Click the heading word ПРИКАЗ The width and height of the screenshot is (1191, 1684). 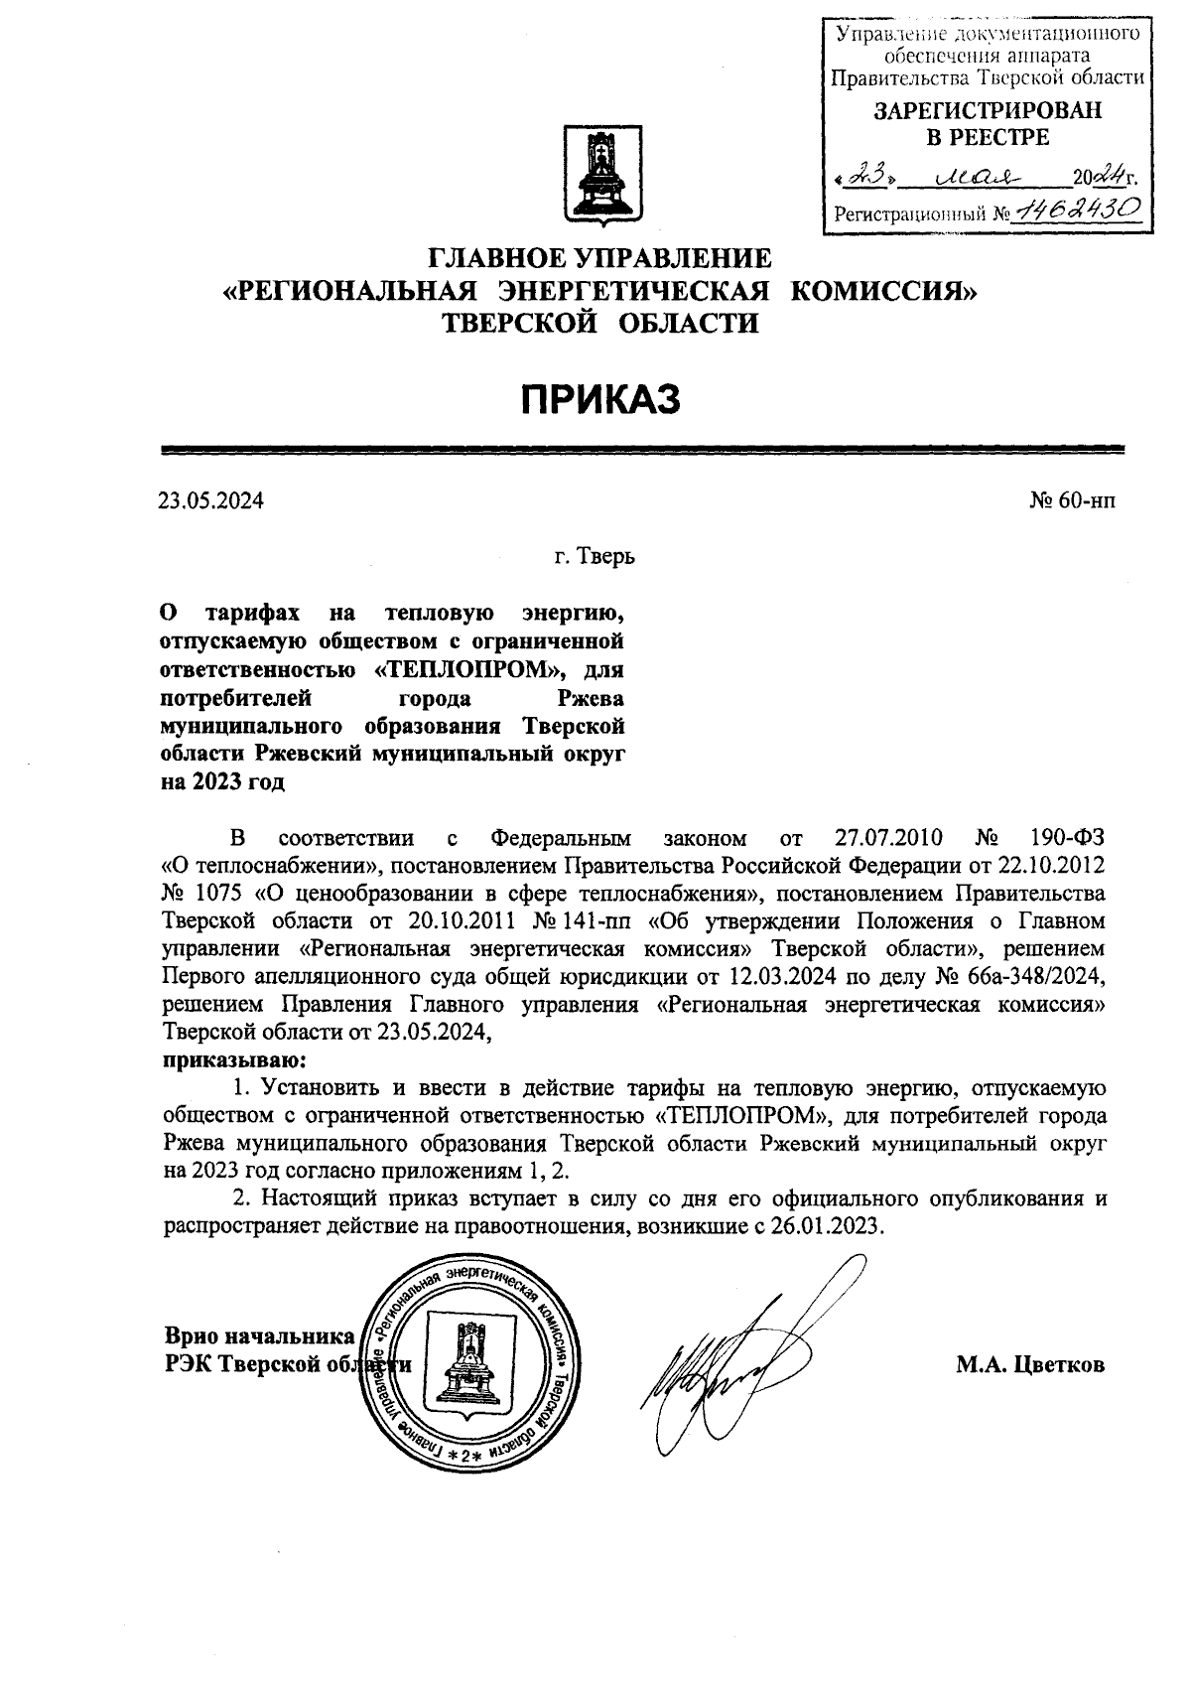pos(600,399)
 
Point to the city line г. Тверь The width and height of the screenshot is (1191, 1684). pos(595,556)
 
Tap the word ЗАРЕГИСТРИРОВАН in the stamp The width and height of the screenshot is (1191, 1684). pos(988,112)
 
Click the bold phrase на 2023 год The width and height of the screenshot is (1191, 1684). pos(222,781)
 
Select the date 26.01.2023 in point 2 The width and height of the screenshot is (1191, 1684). pos(829,1225)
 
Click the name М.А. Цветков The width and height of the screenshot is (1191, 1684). pos(1029,1365)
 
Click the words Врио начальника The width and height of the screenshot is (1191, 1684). pos(259,1335)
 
